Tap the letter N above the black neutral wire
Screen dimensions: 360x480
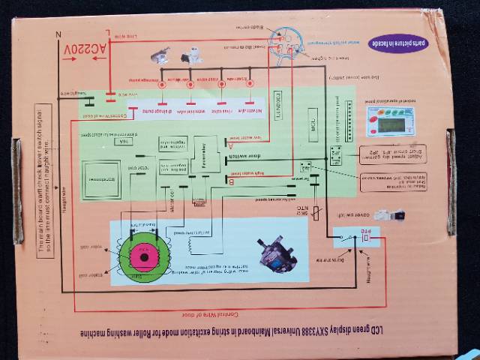pyautogui.click(x=58, y=34)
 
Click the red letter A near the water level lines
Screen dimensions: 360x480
pyautogui.click(x=230, y=147)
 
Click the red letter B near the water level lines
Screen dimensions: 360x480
pyautogui.click(x=230, y=181)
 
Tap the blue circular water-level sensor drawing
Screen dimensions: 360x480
pyautogui.click(x=286, y=41)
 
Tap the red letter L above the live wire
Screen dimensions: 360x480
pyautogui.click(x=109, y=33)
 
